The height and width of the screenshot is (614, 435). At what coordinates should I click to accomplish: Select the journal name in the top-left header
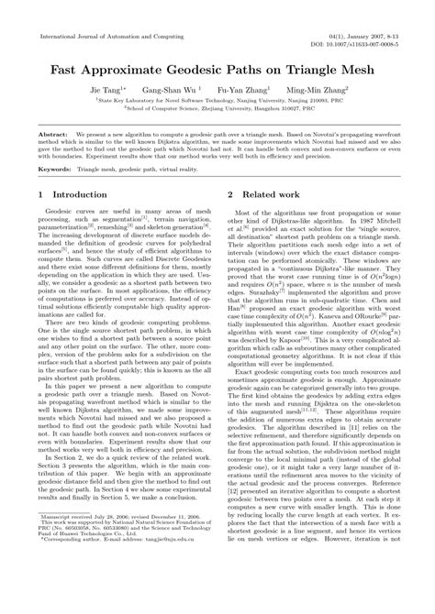(x=101, y=34)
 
